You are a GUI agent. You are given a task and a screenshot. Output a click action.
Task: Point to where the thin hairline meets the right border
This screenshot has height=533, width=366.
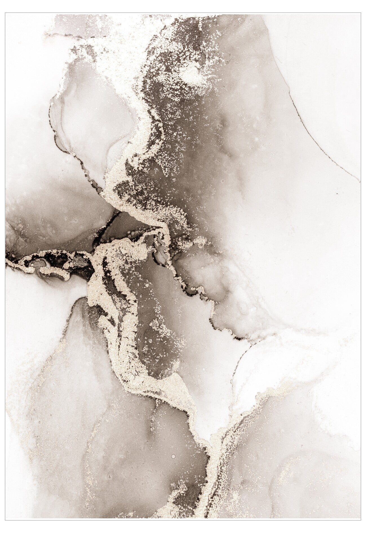[x=360, y=180]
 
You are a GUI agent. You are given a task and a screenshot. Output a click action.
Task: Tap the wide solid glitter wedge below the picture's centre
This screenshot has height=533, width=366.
[x=172, y=386]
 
